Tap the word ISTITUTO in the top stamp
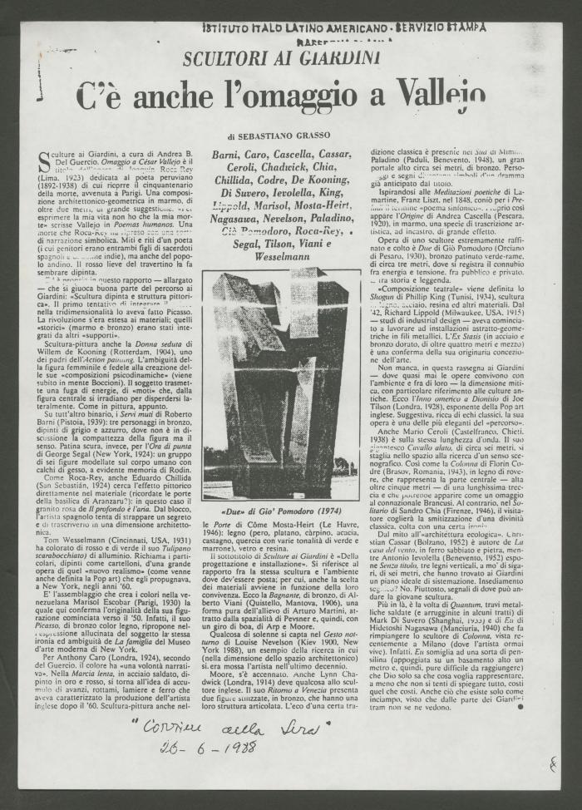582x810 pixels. [233, 27]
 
